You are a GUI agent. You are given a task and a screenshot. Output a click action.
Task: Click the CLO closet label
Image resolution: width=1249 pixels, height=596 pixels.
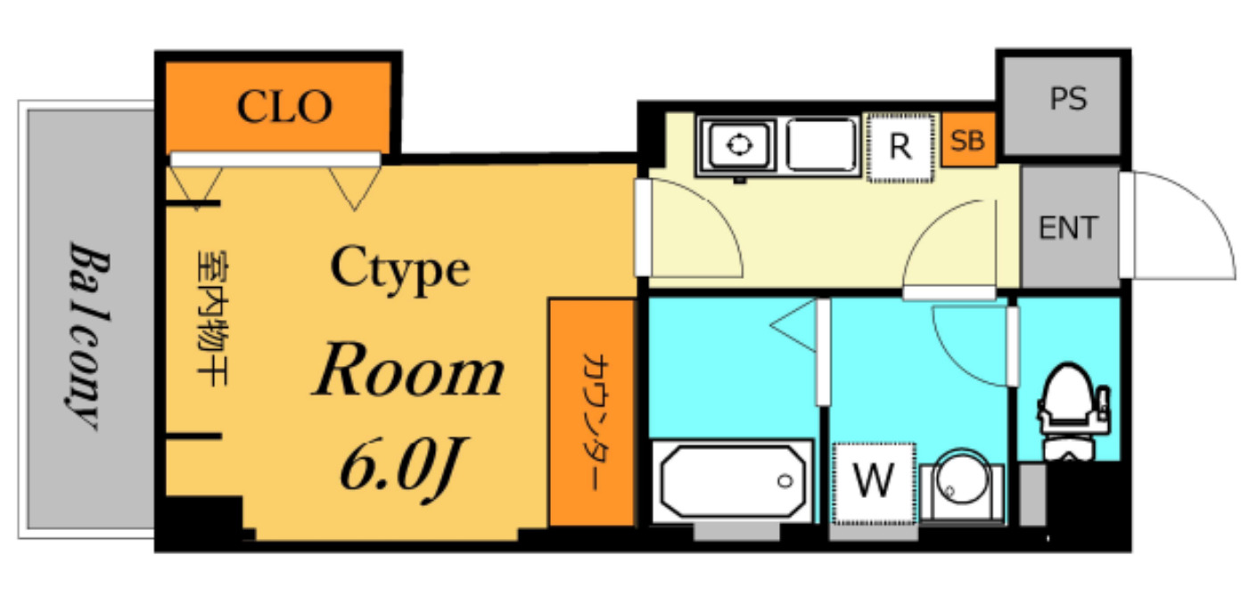pos(284,107)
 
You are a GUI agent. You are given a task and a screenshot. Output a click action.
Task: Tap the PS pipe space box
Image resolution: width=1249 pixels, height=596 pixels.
pos(1067,99)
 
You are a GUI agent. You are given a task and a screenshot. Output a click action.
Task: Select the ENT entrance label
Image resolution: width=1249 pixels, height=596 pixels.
pos(1068,228)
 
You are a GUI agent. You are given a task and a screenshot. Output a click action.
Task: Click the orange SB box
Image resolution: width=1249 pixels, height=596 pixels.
pos(968,142)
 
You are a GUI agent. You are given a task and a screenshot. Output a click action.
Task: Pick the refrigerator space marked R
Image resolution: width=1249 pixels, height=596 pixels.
pos(900,147)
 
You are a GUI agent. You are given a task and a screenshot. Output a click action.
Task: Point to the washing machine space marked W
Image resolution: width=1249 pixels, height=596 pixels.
pos(874,482)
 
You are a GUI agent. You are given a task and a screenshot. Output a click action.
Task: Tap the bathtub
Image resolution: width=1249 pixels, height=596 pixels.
pos(731,481)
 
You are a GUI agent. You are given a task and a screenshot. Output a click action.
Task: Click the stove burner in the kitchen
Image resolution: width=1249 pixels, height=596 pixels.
pos(738,145)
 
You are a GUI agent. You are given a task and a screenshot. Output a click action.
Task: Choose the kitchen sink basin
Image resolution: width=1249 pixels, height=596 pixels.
pos(821,145)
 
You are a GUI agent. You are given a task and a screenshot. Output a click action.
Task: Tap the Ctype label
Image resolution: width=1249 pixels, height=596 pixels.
pos(400,268)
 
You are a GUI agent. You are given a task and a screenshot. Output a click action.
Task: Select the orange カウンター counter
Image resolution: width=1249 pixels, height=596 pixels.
pos(591,413)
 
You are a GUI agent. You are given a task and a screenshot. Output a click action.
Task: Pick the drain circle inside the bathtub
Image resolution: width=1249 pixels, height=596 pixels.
pos(785,481)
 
